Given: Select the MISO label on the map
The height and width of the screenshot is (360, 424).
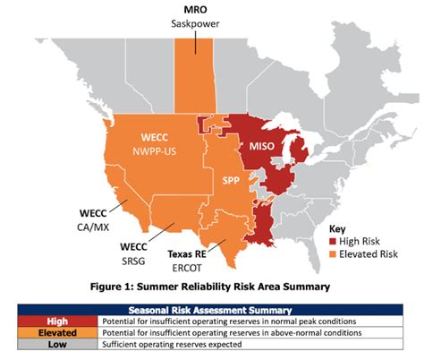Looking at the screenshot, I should [260, 144].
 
